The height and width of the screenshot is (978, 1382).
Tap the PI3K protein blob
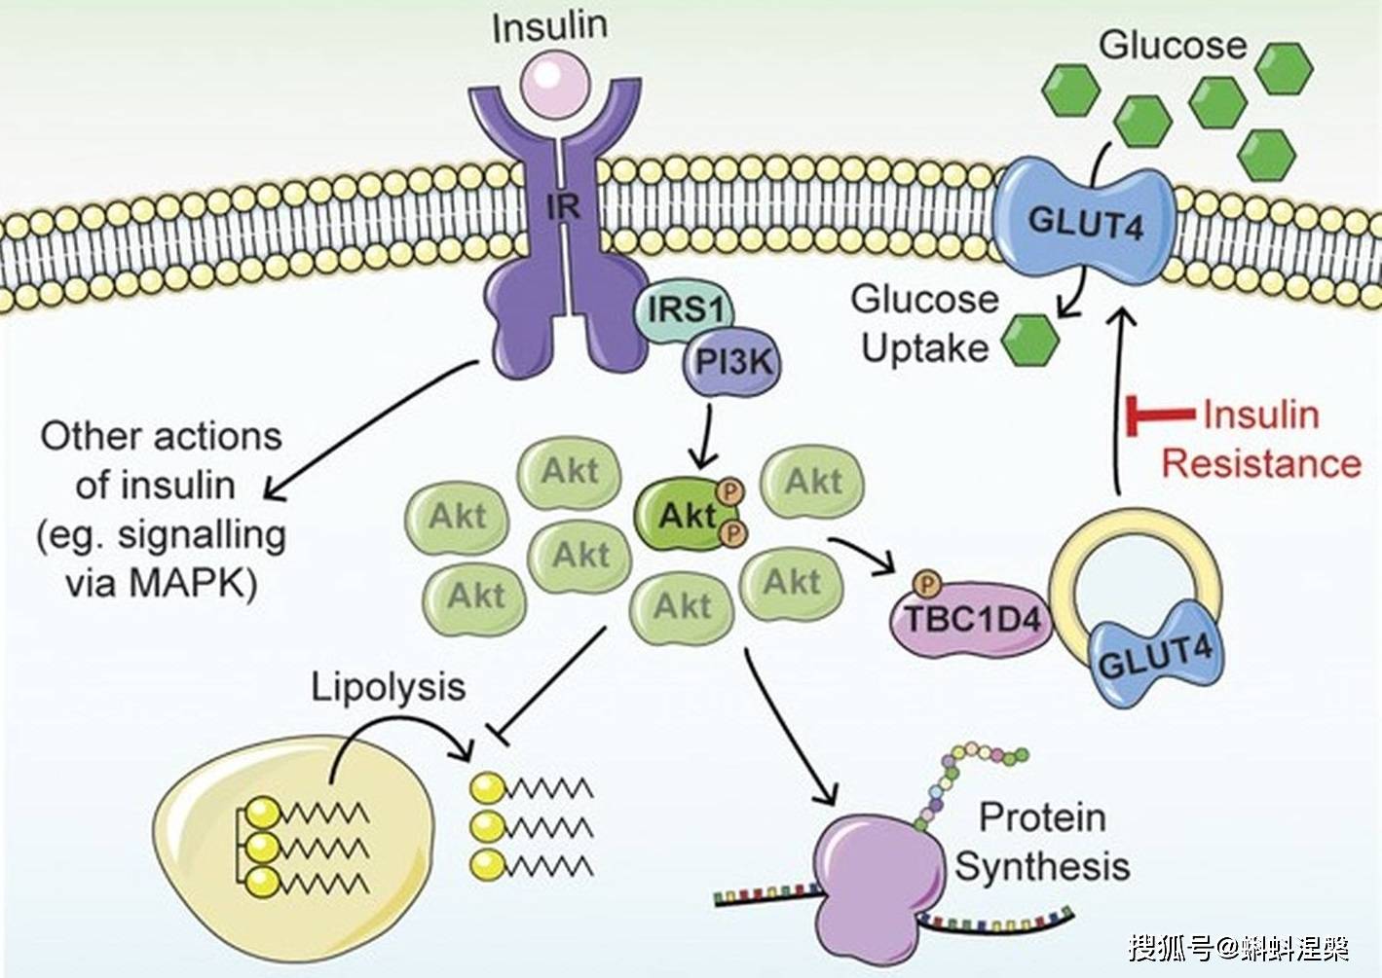pyautogui.click(x=732, y=362)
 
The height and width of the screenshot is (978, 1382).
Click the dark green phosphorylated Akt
pyautogui.click(x=687, y=514)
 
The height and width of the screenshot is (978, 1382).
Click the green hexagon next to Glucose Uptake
pyautogui.click(x=1029, y=341)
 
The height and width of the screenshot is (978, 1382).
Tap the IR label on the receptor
pyautogui.click(x=563, y=208)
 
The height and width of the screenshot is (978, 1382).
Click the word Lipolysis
pyautogui.click(x=388, y=688)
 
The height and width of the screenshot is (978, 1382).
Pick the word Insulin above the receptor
pyautogui.click(x=549, y=25)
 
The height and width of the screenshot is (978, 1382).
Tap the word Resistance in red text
pyautogui.click(x=1261, y=464)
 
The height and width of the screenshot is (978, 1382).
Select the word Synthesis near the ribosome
pyautogui.click(x=1042, y=866)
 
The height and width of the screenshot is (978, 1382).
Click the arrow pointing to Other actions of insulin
pyautogui.click(x=371, y=430)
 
